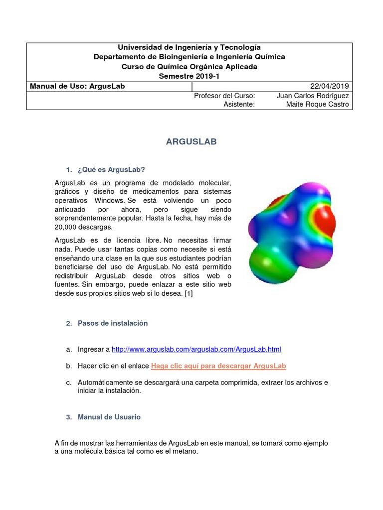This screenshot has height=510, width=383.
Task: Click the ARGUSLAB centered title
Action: click(191, 142)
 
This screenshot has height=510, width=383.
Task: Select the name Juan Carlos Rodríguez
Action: click(312, 95)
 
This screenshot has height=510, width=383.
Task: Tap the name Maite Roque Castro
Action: click(318, 104)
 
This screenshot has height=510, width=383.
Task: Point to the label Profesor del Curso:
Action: click(224, 95)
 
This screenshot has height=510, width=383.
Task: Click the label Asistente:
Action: click(239, 104)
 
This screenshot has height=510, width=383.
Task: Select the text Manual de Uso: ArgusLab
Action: click(77, 86)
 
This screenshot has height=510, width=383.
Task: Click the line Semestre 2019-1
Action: click(189, 76)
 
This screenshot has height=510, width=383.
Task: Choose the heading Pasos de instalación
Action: click(113, 323)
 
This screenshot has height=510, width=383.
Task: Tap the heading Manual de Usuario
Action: click(109, 417)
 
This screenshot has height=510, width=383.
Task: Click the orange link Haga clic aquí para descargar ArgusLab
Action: click(218, 366)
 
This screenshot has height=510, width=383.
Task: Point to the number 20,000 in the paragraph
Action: click(66, 227)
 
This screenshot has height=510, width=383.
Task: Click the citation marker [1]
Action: click(189, 293)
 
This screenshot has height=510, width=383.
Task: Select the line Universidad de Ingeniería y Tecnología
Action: click(189, 47)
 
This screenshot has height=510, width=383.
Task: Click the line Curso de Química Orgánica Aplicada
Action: click(189, 67)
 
